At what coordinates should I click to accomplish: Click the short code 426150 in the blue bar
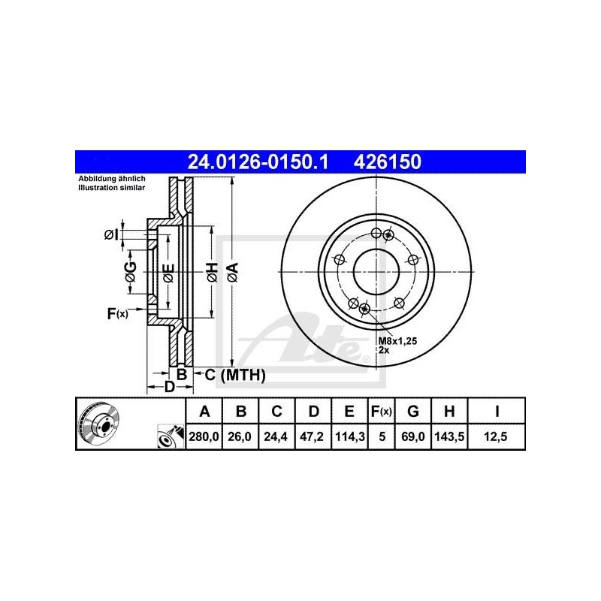[382, 162]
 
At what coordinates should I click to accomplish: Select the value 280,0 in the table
[203, 435]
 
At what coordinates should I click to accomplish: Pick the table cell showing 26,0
[240, 435]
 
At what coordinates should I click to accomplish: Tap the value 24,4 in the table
[276, 435]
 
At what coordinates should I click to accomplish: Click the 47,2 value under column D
[314, 435]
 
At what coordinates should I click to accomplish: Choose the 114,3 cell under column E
[349, 435]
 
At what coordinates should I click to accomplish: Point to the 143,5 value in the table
[448, 435]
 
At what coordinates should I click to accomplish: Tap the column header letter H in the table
[448, 411]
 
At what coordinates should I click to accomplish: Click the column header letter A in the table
[203, 411]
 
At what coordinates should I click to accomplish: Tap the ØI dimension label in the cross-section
[111, 235]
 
